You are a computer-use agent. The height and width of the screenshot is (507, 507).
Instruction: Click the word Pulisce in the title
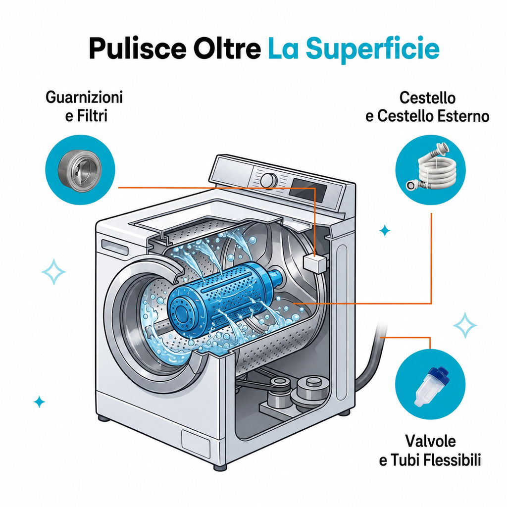pos(138,49)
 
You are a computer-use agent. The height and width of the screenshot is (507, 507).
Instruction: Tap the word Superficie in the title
pos(373,49)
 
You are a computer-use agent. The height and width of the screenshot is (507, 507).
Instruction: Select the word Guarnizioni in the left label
pos(84,97)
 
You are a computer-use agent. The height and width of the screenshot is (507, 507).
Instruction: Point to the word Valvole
pos(430,441)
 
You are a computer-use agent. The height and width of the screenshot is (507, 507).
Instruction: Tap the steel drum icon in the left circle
pos(80,169)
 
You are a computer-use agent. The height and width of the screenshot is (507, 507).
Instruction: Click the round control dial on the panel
pos(269,180)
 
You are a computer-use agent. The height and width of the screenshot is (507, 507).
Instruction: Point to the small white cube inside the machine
pos(314,262)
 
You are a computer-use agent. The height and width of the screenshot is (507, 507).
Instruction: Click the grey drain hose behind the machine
pos(372,355)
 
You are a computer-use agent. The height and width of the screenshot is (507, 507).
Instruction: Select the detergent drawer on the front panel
pos(115,248)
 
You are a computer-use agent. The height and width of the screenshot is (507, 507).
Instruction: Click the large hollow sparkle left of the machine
pos(53,272)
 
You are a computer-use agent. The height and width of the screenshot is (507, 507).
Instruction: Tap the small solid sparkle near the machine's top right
pos(384,231)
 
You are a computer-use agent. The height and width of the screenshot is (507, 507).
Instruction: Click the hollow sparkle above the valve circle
pos(465,325)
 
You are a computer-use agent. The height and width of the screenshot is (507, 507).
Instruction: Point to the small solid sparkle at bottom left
pos(39,402)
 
